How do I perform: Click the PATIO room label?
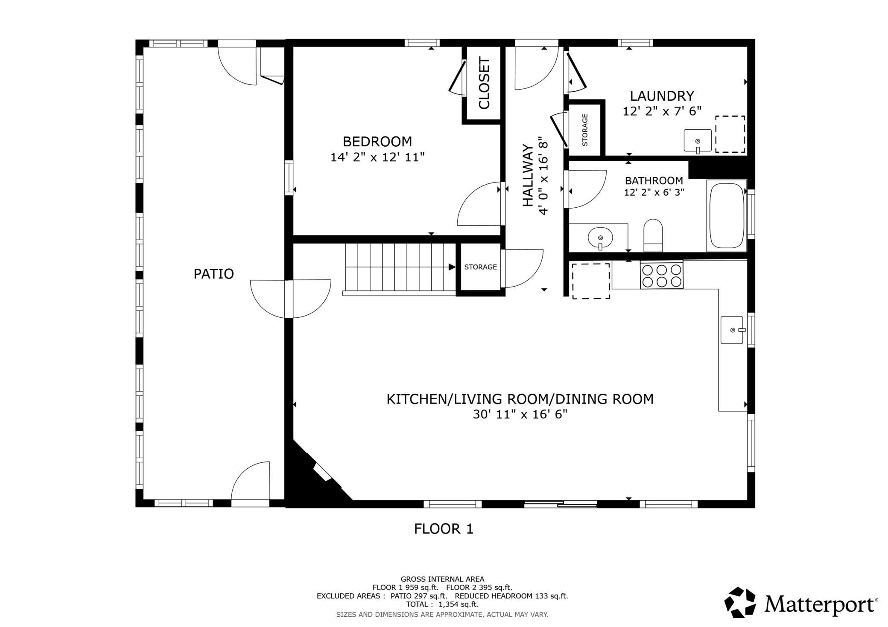point(213,274)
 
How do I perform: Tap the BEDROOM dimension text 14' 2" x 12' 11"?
point(377,157)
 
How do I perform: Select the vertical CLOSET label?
point(484,83)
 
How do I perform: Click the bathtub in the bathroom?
point(727,215)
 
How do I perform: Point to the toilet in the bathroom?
point(653,235)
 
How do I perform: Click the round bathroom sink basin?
point(600,237)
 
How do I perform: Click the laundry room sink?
point(698,141)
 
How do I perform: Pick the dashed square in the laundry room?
point(730,134)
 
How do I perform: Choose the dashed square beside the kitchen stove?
point(591,281)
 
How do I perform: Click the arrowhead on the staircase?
point(452,267)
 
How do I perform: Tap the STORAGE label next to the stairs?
point(481,267)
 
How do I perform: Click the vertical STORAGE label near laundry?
point(585,130)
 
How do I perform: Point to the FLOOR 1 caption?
point(444,529)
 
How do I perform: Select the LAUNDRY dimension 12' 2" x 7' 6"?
point(662,111)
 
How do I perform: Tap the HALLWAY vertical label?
point(528,176)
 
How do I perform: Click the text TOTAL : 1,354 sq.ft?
point(442,604)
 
